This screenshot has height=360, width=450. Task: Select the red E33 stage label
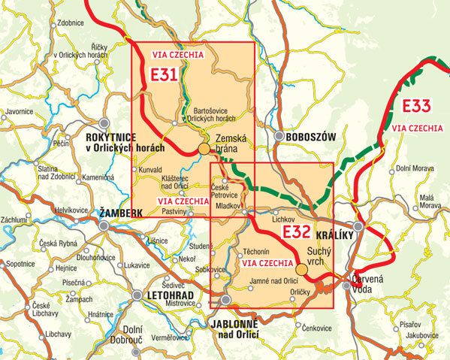(415, 105)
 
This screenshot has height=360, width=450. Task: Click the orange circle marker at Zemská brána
(204, 150)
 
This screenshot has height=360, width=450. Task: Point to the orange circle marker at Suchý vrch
(301, 269)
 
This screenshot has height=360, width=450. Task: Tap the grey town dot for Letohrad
(137, 296)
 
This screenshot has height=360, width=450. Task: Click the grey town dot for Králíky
(359, 225)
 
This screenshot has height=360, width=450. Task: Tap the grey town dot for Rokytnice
(105, 123)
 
